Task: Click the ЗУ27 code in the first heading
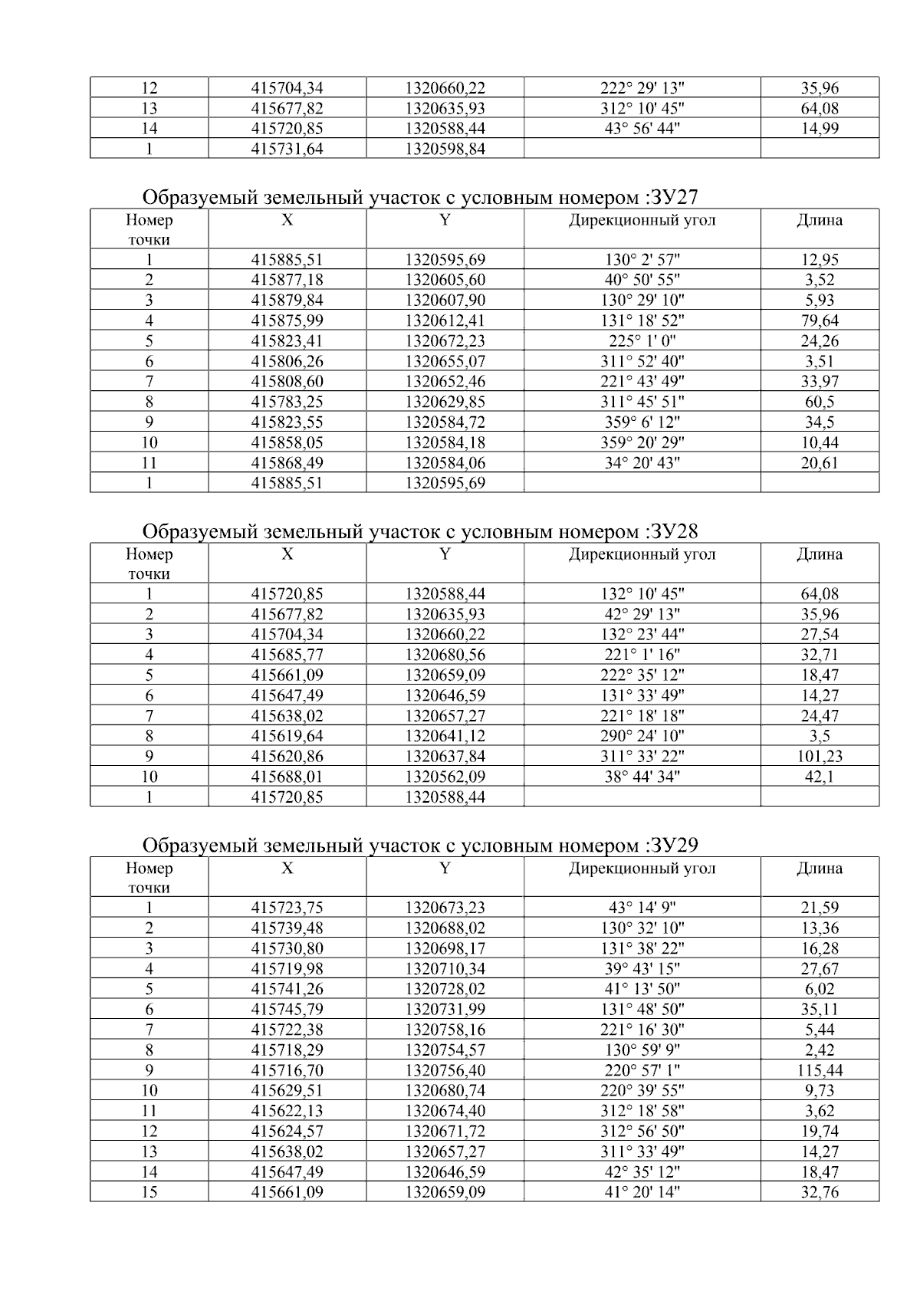pyautogui.click(x=673, y=199)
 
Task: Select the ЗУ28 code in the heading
pyautogui.click(x=673, y=532)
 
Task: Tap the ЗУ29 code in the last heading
pyautogui.click(x=673, y=846)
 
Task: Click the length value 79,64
pyautogui.click(x=820, y=320)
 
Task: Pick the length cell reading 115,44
pyautogui.click(x=820, y=1070)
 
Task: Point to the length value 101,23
pyautogui.click(x=820, y=757)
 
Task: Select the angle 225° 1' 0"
pyautogui.click(x=642, y=341)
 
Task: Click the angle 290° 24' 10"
pyautogui.click(x=642, y=736)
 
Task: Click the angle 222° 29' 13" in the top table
pyautogui.click(x=642, y=88)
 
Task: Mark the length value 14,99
pyautogui.click(x=820, y=129)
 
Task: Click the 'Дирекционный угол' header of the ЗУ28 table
pyautogui.click(x=642, y=554)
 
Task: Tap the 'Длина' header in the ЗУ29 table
pyautogui.click(x=820, y=869)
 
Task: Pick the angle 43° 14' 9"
pyautogui.click(x=642, y=908)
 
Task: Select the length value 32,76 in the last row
pyautogui.click(x=820, y=1192)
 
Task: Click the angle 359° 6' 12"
pyautogui.click(x=642, y=422)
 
